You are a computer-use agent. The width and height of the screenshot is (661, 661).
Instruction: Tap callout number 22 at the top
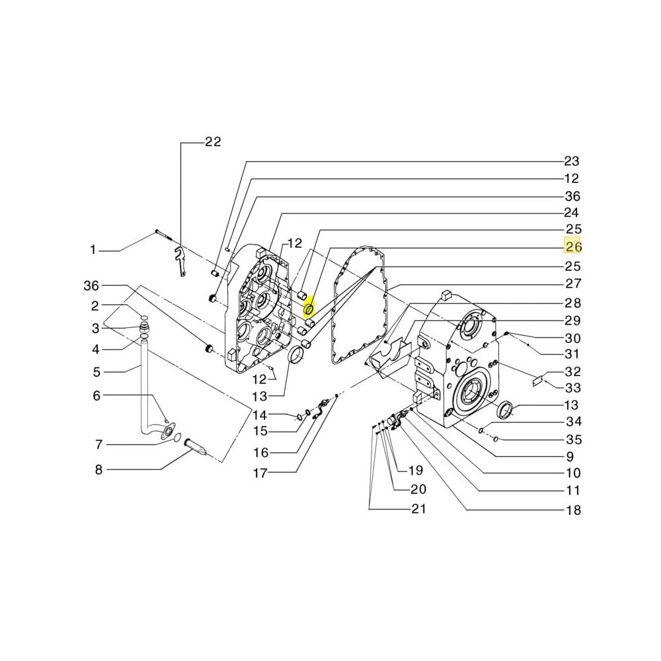(213, 142)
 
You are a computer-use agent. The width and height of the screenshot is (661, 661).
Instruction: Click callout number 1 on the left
(93, 250)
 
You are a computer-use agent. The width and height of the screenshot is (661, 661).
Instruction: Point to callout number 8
(98, 470)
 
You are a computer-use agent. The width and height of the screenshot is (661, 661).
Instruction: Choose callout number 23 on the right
(571, 161)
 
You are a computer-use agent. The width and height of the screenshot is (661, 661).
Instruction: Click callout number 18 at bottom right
(572, 510)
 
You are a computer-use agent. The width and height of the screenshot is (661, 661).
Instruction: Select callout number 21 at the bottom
(418, 509)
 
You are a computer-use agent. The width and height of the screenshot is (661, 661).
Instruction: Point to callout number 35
(572, 440)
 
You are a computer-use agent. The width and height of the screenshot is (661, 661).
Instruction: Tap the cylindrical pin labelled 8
(196, 448)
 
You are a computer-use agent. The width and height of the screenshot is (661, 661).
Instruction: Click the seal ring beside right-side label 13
(506, 410)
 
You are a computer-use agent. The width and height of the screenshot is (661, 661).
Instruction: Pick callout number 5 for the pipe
(97, 372)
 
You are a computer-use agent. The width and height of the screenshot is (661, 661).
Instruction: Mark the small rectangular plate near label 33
(537, 381)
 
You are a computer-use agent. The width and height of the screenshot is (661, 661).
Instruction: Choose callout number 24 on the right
(571, 213)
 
